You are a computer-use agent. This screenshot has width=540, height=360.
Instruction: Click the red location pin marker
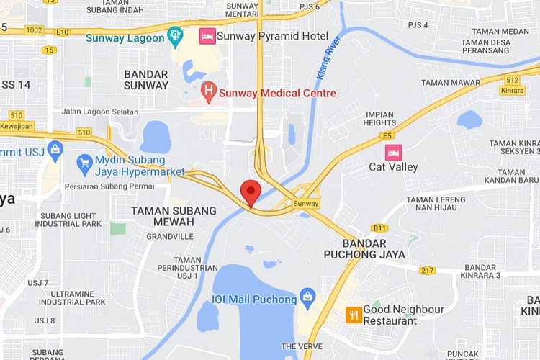point(250,192)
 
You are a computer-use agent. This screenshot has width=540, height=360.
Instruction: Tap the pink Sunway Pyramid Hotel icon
point(207,36)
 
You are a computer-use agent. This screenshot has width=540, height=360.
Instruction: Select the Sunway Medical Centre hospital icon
point(208,91)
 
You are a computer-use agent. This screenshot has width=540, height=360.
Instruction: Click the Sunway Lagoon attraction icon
point(174,35)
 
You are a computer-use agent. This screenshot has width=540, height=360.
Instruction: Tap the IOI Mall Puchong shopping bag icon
point(308,297)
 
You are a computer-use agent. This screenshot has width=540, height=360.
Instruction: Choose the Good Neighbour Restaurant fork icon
point(353,315)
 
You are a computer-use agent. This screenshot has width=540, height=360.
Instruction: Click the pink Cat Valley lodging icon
point(393,153)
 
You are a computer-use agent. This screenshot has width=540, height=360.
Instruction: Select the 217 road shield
point(428,271)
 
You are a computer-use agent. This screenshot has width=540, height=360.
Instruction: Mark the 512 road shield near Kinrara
point(512,81)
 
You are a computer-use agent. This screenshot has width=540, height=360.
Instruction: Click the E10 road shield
point(61,32)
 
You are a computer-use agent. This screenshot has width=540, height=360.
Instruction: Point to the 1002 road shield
point(33,31)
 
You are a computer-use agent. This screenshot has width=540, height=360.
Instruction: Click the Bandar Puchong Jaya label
point(364,248)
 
